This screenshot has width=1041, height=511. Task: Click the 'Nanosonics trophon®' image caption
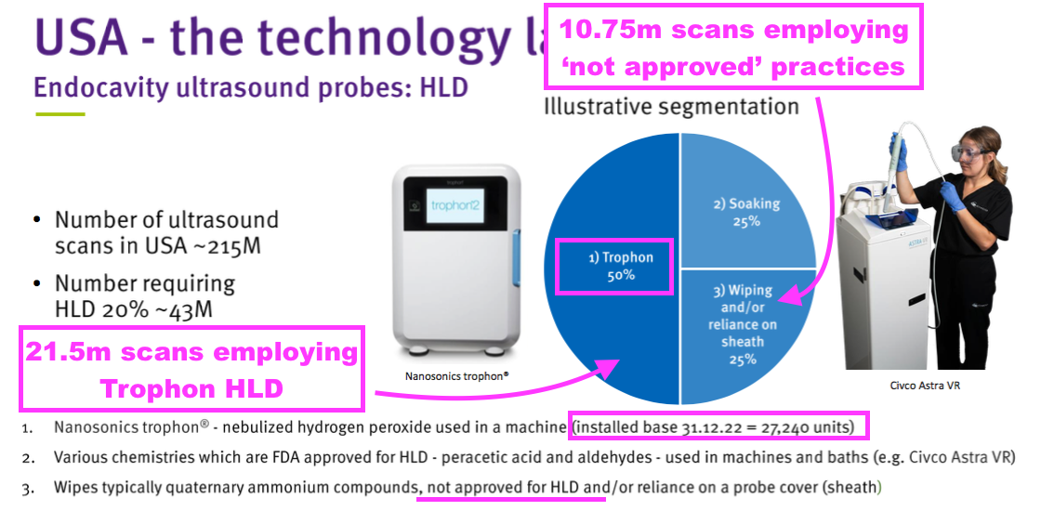[456, 376]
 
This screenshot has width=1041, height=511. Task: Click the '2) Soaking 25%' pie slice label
[746, 213]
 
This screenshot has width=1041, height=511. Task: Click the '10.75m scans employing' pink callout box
[733, 46]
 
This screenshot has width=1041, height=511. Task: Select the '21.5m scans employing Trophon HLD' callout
[191, 369]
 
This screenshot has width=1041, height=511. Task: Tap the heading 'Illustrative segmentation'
[671, 106]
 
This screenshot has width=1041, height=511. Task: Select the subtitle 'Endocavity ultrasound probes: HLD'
[251, 87]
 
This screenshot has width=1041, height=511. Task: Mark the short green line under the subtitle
[60, 114]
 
